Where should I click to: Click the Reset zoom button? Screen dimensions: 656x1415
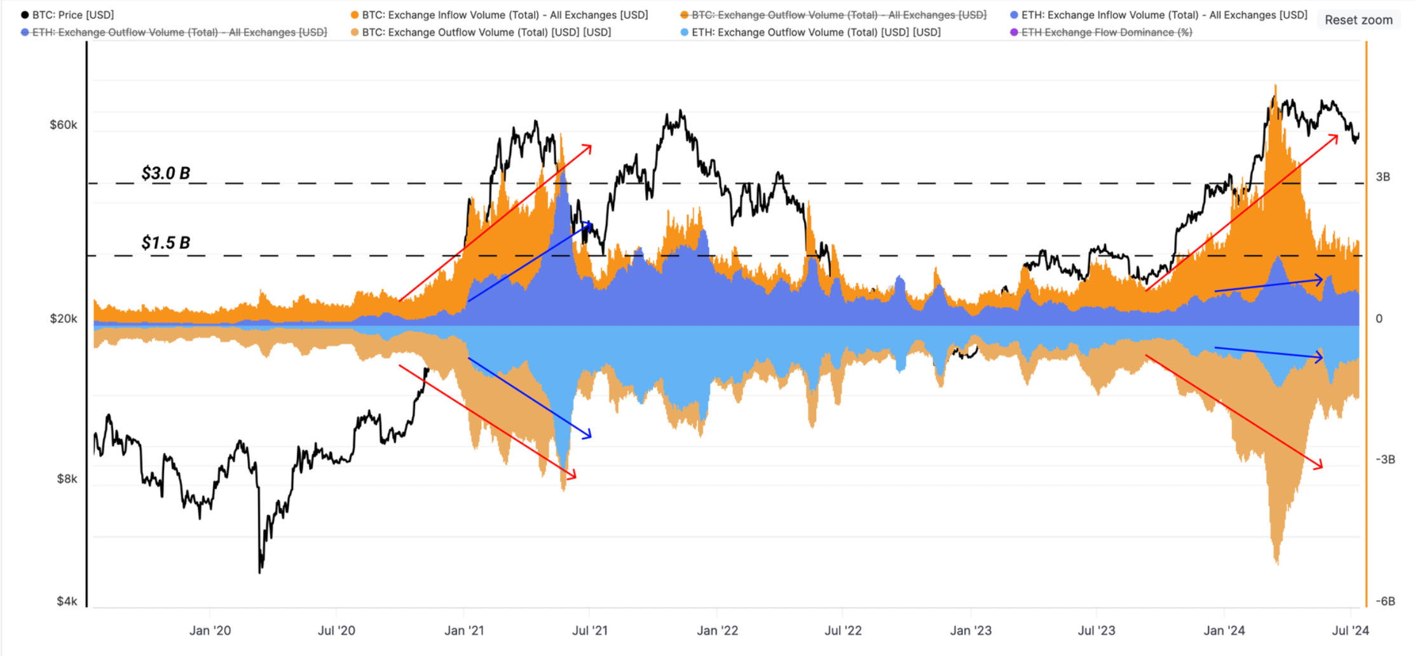[1358, 20]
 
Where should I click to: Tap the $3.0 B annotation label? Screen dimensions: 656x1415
[166, 173]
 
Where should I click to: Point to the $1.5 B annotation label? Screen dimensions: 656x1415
[166, 243]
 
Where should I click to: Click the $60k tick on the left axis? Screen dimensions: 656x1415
[64, 125]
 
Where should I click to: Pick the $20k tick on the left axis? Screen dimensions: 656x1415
[64, 318]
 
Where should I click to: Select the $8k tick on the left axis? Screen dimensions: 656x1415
[67, 479]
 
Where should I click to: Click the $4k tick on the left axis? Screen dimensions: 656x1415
[67, 601]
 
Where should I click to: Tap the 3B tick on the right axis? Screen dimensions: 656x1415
[1383, 177]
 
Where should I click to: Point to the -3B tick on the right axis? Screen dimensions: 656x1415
[1385, 460]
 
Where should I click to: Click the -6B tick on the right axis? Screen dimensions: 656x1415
[1385, 601]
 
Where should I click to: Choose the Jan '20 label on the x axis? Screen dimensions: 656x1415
[210, 631]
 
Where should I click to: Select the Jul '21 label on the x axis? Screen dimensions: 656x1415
[590, 631]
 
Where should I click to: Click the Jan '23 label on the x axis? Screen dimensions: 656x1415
[971, 631]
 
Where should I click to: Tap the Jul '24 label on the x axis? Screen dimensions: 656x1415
[1350, 631]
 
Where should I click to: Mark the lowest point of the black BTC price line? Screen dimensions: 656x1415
[260, 572]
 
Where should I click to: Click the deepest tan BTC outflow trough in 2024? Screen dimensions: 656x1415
[1277, 563]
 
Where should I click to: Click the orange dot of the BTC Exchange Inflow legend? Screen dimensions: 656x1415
[355, 15]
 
